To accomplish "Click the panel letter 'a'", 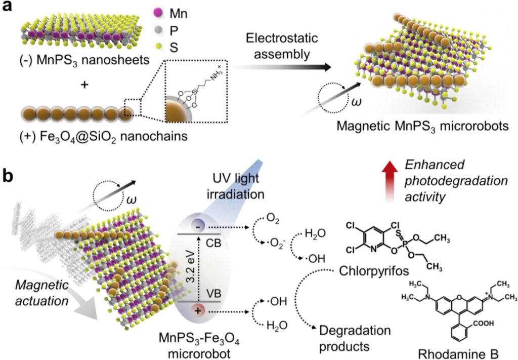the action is [x=7, y=7].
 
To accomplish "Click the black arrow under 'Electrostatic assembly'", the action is [x=282, y=67].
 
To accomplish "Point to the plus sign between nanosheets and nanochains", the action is [x=84, y=85].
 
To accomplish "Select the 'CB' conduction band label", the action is [x=213, y=243].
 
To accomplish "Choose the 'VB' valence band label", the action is [x=213, y=293].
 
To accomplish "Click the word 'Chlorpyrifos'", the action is [x=374, y=271].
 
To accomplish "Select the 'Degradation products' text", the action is [x=355, y=338].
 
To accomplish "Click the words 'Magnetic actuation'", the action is [x=42, y=293].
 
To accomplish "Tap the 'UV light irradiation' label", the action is [x=236, y=186].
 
